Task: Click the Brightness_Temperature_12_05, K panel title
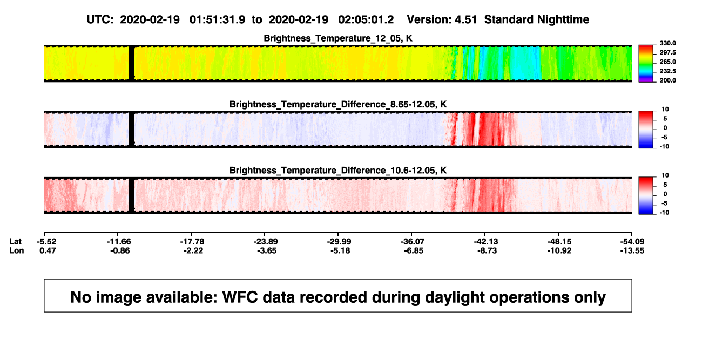tap(338, 38)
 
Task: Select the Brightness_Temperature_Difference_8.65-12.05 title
tap(338, 104)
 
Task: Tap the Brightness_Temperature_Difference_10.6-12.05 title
tap(338, 171)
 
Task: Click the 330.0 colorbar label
tap(667, 43)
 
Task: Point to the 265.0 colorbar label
tap(667, 62)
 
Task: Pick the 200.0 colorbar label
tap(667, 80)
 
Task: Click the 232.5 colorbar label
tap(667, 71)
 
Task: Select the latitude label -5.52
tap(46, 242)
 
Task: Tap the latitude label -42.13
tap(486, 242)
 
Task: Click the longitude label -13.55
tap(632, 250)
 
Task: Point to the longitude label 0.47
tap(48, 250)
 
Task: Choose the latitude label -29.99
tap(339, 242)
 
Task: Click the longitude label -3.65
tap(267, 250)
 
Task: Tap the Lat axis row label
tap(15, 242)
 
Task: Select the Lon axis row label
tap(16, 250)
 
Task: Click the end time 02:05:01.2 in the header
tap(366, 20)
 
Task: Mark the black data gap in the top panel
tap(132, 63)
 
